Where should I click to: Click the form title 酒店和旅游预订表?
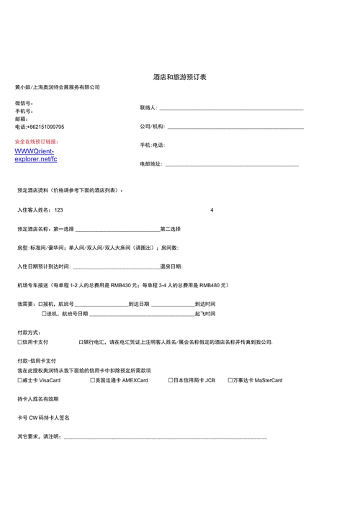pyautogui.click(x=179, y=76)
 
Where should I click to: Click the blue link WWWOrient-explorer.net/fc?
pyautogui.click(x=35, y=155)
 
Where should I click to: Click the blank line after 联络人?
pyautogui.click(x=230, y=108)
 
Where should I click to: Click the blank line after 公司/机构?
pyautogui.click(x=235, y=127)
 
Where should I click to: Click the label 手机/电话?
pyautogui.click(x=152, y=145)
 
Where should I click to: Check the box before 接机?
pyautogui.click(x=40, y=305)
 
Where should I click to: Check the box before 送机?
pyautogui.click(x=44, y=314)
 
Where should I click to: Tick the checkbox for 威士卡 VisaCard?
pyautogui.click(x=19, y=380)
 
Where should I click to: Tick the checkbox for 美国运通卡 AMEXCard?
pyautogui.click(x=94, y=380)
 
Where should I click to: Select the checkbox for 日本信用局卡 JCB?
pyautogui.click(x=170, y=380)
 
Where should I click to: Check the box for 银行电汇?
pyautogui.click(x=81, y=342)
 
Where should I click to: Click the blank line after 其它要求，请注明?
pyautogui.click(x=166, y=436)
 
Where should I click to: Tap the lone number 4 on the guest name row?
pyautogui.click(x=212, y=210)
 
